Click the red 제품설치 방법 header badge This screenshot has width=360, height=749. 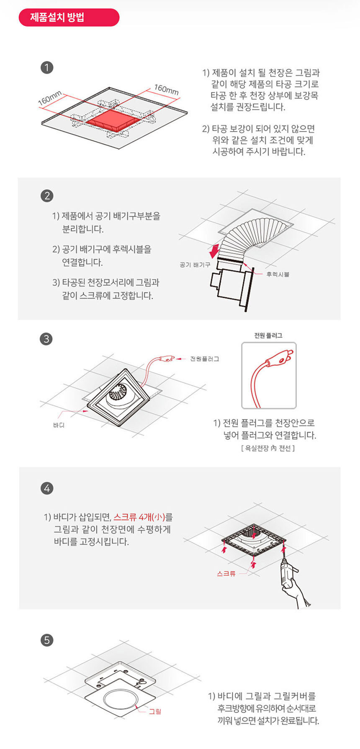[x=69, y=18]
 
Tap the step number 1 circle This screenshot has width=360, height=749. [x=47, y=67]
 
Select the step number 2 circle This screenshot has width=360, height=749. [x=47, y=196]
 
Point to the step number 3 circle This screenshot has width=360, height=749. [x=46, y=339]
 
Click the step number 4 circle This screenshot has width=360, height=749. [x=47, y=488]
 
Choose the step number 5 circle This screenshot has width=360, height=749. [x=47, y=640]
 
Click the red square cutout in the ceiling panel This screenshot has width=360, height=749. [x=112, y=120]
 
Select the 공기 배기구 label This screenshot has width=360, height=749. [x=195, y=265]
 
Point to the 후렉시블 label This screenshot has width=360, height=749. [x=278, y=274]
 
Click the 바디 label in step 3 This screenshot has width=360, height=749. [x=59, y=425]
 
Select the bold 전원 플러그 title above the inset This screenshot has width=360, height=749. [x=268, y=335]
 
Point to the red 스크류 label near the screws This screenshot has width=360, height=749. [x=226, y=574]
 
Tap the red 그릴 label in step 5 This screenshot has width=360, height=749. [x=155, y=711]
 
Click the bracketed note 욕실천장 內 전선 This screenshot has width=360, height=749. [x=268, y=448]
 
